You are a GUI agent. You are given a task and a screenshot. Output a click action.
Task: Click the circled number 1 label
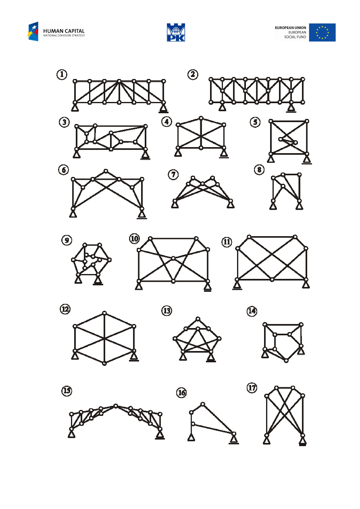coord(61,74)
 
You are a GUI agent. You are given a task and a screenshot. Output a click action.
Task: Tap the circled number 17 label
coord(252,388)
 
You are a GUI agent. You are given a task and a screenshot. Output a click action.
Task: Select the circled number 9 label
coord(67,240)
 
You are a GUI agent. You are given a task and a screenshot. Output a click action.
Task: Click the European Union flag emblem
coord(322,32)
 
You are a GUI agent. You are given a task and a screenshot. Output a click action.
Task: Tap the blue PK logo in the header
coord(176,32)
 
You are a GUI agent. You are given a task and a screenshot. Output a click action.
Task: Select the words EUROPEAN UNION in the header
coord(290,28)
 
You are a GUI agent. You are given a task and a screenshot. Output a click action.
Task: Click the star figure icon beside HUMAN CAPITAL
coord(33,32)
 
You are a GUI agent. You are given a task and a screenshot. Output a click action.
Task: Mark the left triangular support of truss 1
coord(75,108)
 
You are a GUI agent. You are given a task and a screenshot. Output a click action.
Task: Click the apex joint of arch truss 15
coord(116,405)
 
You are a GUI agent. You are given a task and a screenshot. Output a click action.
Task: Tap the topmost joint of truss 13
coord(198,319)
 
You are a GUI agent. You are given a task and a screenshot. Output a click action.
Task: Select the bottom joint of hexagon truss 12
coord(104,363)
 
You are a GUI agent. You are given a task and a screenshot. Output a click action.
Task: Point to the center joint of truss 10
coord(173,258)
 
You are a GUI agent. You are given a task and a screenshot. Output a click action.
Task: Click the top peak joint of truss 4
coord(201,118)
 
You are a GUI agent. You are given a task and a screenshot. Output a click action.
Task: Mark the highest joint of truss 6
coord(106,171)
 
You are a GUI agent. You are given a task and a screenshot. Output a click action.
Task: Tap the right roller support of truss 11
coord(306,285)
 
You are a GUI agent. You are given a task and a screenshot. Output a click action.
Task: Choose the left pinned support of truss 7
coord(175,204)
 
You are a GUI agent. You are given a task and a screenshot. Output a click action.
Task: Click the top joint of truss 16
coord(203,404)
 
